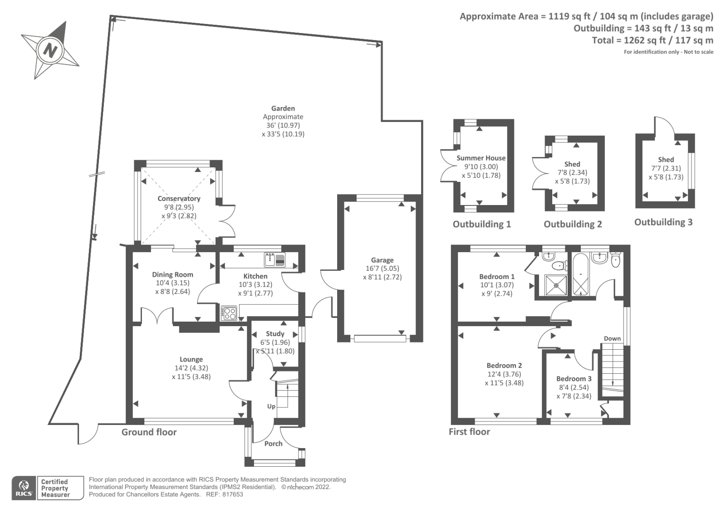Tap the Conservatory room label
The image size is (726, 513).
[179, 199]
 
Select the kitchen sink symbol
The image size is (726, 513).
[275, 260]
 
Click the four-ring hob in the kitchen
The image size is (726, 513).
[229, 313]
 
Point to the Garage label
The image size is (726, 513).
[382, 260]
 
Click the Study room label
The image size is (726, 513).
[275, 334]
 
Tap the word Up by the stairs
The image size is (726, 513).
[271, 406]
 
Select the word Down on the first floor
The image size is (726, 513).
[612, 338]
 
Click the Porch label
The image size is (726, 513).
[273, 444]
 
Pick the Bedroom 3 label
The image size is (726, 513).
[574, 379]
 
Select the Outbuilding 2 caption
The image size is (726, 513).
[573, 224]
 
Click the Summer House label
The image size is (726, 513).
[481, 158]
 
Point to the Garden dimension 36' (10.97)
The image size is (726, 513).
[283, 125]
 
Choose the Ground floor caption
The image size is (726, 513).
[149, 432]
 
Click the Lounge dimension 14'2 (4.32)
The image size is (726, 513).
[191, 368]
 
